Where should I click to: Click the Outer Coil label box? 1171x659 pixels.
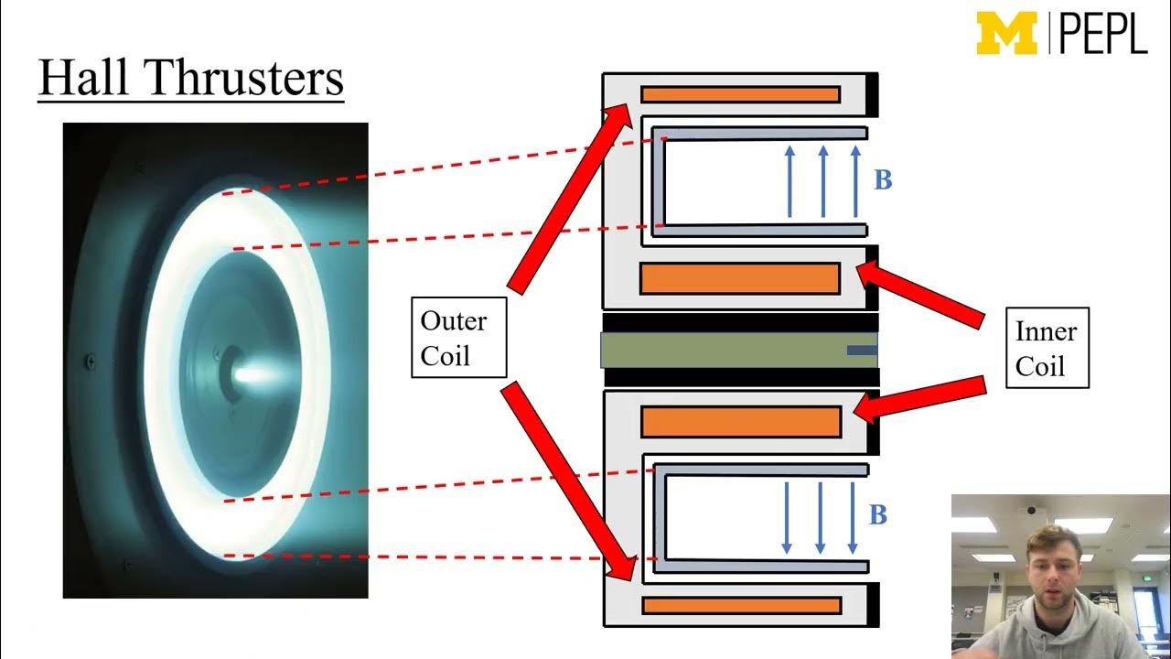(457, 338)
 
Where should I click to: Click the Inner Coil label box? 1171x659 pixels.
(1047, 348)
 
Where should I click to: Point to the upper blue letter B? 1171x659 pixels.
(883, 180)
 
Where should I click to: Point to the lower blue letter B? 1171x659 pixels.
(878, 515)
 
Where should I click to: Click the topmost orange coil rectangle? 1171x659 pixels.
(740, 94)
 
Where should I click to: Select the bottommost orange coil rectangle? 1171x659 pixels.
(741, 605)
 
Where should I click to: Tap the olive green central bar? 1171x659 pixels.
(723, 351)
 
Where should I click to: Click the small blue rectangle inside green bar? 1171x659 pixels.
(861, 350)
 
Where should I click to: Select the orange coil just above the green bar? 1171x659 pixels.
(740, 278)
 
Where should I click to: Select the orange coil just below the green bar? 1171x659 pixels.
(741, 421)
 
